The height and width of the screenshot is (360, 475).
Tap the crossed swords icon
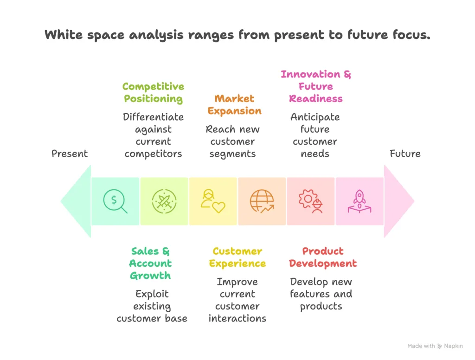164,201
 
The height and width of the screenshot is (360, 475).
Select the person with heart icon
212,201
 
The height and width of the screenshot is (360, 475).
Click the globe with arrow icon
262,201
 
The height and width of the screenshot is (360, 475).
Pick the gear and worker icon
311,201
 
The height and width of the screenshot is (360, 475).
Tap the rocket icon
359,201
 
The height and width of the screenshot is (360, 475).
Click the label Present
70,154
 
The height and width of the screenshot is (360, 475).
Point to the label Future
405,154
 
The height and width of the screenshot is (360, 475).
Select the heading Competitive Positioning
153,92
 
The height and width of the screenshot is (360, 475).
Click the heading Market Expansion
234,104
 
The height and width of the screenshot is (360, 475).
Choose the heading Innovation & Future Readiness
315,86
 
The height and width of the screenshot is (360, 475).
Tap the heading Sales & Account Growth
150,263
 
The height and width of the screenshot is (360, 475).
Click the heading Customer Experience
237,257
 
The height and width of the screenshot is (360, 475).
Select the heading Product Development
322,257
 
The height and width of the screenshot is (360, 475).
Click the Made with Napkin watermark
435,346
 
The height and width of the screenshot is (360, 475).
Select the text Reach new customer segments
233,141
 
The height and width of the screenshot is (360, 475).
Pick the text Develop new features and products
321,294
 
